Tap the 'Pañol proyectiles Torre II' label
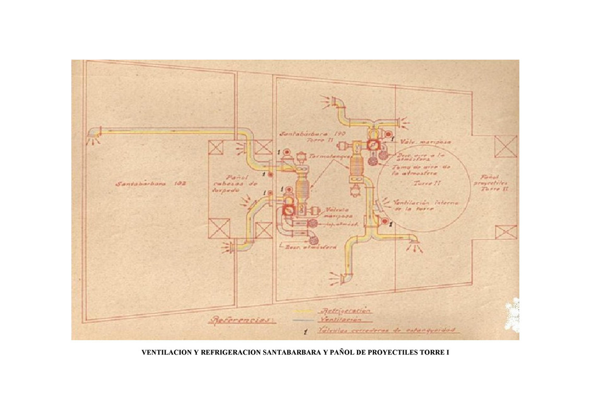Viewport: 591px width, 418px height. pyautogui.click(x=491, y=183)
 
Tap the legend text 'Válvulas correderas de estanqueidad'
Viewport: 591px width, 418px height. pyautogui.click(x=387, y=330)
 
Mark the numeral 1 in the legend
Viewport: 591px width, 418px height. pyautogui.click(x=305, y=331)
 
